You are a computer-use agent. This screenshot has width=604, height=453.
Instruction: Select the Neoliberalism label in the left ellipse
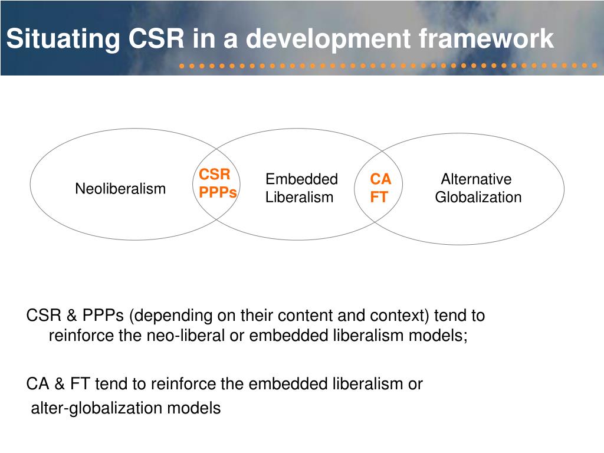tap(120, 189)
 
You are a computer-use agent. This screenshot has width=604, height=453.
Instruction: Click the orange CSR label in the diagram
tap(214, 175)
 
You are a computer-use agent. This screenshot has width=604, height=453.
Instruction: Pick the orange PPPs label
tap(218, 192)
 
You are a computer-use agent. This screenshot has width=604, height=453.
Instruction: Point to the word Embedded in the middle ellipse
tap(301, 179)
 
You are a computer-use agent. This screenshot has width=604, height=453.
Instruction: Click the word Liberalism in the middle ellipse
tap(299, 197)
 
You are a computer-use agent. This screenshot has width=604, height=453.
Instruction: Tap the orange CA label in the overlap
tap(380, 179)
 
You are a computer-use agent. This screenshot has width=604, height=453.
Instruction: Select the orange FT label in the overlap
tap(379, 197)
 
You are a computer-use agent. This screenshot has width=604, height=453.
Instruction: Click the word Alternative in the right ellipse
tap(476, 179)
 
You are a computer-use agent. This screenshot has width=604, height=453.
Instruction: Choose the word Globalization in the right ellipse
tap(478, 197)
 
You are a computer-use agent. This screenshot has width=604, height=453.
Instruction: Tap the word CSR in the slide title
tap(155, 39)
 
